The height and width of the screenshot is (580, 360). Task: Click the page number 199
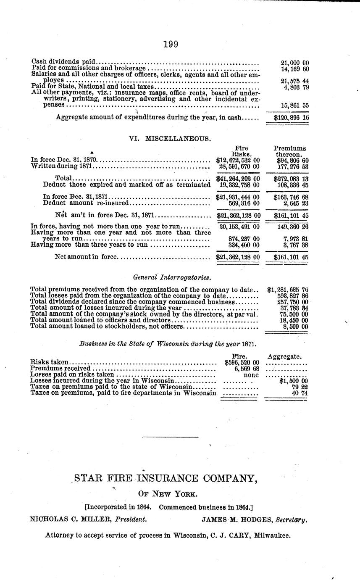coord(171,44)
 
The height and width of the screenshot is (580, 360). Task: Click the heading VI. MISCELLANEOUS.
coord(170,138)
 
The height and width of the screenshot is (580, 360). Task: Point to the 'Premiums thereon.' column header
coord(290,151)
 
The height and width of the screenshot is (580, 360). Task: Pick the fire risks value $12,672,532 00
coord(238,160)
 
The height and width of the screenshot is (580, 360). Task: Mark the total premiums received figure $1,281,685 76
coord(288,290)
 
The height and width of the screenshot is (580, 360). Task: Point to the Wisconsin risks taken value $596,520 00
coord(242,362)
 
